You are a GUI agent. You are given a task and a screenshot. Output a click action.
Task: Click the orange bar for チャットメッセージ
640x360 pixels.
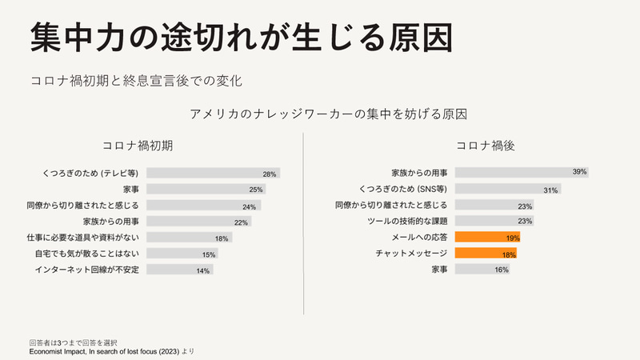tap(484, 254)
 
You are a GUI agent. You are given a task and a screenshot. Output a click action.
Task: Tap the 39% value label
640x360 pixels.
tap(579, 172)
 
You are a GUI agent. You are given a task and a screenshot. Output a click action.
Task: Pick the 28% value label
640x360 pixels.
tap(270, 174)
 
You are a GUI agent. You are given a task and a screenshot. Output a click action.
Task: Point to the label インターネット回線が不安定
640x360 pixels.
tap(88, 270)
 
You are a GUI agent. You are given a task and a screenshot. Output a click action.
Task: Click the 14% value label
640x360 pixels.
tap(203, 270)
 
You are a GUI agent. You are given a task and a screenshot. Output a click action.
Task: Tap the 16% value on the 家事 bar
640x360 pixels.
tap(501, 270)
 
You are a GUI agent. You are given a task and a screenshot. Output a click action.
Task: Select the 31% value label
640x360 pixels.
tap(550, 190)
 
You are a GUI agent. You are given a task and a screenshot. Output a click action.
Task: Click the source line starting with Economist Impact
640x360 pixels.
tap(111, 351)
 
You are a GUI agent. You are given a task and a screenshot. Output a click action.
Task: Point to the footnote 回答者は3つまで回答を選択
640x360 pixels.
tap(74, 342)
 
